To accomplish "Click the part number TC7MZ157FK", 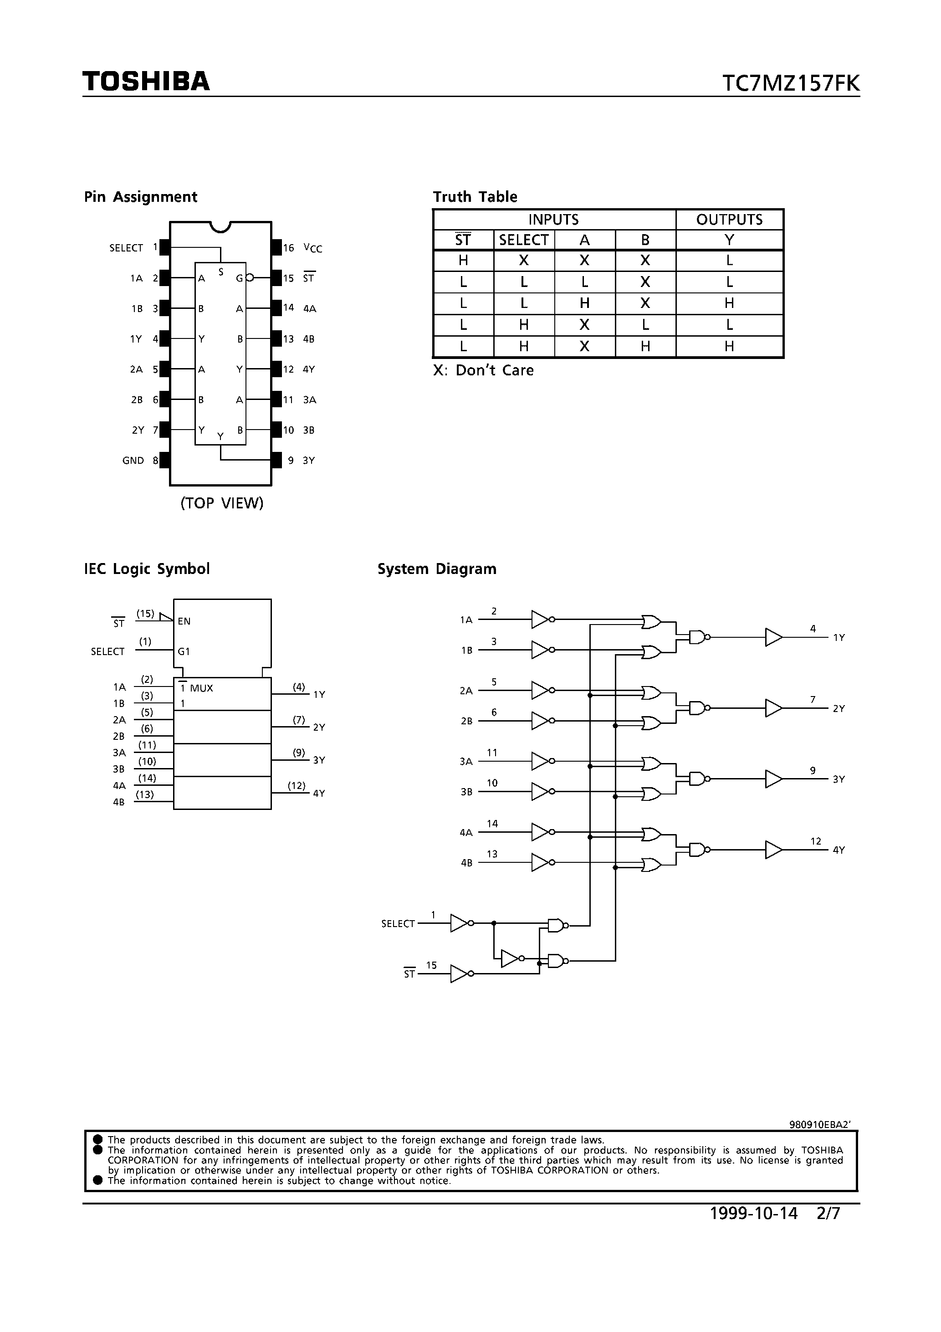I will point(791,83).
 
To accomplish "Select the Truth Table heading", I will point(475,197).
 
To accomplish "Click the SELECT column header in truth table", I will point(523,240).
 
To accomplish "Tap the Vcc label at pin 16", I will point(312,248).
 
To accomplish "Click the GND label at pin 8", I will point(133,461).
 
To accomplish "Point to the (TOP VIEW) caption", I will point(222,503).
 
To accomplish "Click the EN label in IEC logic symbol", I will point(184,621).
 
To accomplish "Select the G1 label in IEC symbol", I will point(184,651).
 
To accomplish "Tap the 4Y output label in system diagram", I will point(839,850).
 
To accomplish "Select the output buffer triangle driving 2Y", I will point(773,708).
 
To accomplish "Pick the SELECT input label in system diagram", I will point(398,923).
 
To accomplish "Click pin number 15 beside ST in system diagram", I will point(431,965).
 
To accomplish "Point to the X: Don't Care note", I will point(483,370).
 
